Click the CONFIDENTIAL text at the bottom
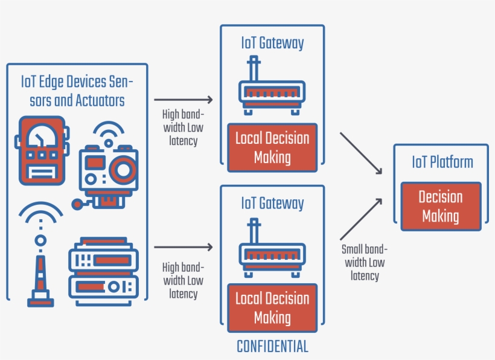(272, 347)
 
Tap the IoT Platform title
(442, 162)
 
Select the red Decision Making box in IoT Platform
(441, 207)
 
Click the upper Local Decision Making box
(272, 147)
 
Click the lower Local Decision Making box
(272, 307)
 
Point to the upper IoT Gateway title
(272, 43)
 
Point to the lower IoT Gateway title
(272, 203)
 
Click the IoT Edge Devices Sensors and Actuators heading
(77, 91)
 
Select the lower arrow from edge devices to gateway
(184, 247)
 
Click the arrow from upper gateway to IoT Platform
(362, 153)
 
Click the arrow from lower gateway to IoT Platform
(362, 219)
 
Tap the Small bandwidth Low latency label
(364, 262)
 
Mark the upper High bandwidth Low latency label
(183, 127)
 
